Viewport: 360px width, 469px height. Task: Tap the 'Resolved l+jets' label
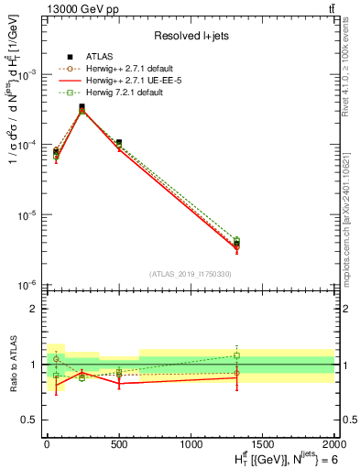click(190, 36)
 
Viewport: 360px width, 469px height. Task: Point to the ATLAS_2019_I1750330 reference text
click(190, 274)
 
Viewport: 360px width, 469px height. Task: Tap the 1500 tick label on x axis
click(262, 443)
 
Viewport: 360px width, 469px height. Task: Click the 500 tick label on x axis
click(118, 443)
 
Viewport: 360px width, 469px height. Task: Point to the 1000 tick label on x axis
click(191, 443)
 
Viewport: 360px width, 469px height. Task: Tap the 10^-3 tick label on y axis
click(26, 74)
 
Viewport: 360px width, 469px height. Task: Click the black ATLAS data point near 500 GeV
click(118, 143)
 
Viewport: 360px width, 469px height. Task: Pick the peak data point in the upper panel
click(82, 107)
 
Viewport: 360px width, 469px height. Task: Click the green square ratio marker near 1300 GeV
click(236, 355)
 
